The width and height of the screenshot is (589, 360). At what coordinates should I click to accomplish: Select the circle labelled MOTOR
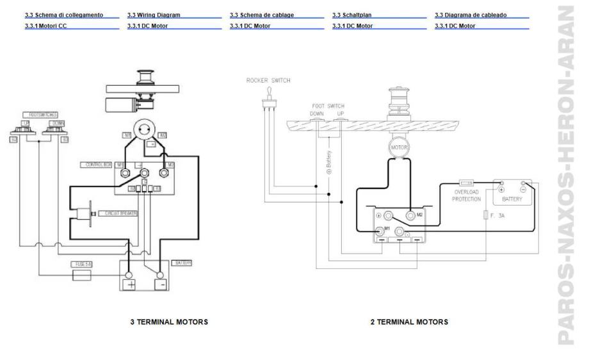tap(394, 147)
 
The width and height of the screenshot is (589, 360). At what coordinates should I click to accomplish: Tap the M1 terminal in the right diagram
tap(380, 230)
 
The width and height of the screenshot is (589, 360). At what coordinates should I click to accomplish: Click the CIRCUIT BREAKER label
tap(117, 212)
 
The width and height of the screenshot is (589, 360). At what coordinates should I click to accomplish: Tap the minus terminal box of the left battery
tap(160, 284)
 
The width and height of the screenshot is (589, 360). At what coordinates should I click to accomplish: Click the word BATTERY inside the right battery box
tap(513, 199)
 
